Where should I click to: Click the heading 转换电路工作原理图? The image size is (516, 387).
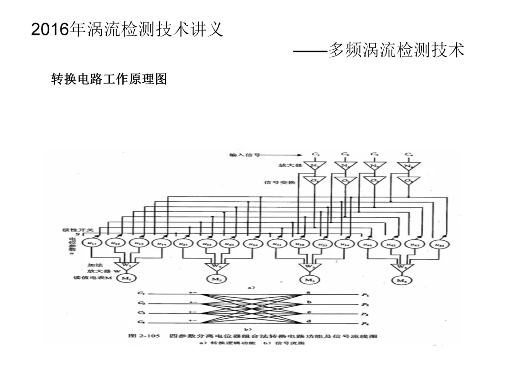click(x=109, y=79)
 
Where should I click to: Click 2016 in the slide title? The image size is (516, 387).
click(x=50, y=30)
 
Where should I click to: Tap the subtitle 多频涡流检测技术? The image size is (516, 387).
click(x=397, y=50)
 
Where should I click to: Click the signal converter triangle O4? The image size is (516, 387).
click(x=409, y=182)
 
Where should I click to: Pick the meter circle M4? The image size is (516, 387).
click(x=399, y=280)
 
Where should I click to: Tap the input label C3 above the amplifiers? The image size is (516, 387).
click(x=374, y=154)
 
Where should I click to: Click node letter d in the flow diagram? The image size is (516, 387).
click(x=310, y=321)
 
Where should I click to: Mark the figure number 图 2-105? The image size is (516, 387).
click(x=144, y=336)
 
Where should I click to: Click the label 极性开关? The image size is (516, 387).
click(x=71, y=230)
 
